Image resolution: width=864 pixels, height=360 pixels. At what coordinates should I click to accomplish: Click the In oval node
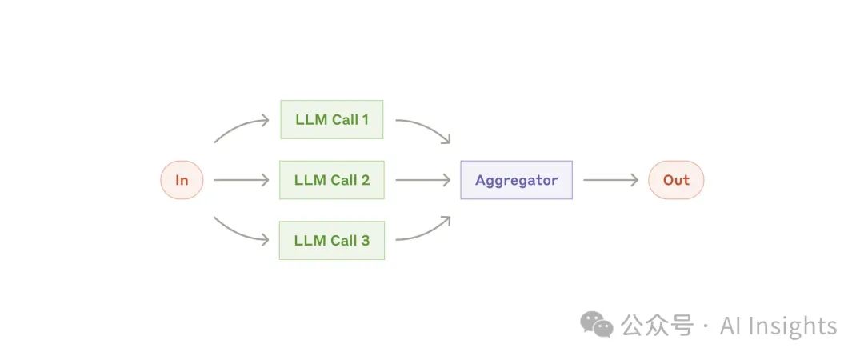coord(182,180)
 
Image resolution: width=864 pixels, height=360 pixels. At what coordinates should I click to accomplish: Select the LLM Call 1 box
coord(332,120)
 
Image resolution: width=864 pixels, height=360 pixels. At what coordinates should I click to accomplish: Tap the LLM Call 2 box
coord(332,180)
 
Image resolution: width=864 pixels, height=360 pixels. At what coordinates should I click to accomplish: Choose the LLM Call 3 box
coord(332,240)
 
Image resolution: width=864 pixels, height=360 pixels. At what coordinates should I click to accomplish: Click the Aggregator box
coord(516,180)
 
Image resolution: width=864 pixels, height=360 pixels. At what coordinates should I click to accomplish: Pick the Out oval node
coord(676,180)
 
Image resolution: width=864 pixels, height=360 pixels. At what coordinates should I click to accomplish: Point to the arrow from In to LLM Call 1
coord(241,128)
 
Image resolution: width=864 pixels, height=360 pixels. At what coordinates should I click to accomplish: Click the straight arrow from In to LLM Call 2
coord(242,180)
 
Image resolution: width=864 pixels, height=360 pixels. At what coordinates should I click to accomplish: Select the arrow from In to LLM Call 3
coord(241,232)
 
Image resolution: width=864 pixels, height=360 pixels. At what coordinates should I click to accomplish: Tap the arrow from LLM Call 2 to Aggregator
coord(422,180)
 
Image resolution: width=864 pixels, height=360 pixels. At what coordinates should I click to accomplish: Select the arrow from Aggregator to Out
coord(610,180)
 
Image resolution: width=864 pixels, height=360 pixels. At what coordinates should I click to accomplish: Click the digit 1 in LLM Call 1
coord(365,120)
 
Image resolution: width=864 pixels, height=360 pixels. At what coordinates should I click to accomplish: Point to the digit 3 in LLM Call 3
coord(365,240)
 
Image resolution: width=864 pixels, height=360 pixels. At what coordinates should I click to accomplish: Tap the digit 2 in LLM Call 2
coord(365,180)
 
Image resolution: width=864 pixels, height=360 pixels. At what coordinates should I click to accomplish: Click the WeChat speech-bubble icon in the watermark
coord(597,324)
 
